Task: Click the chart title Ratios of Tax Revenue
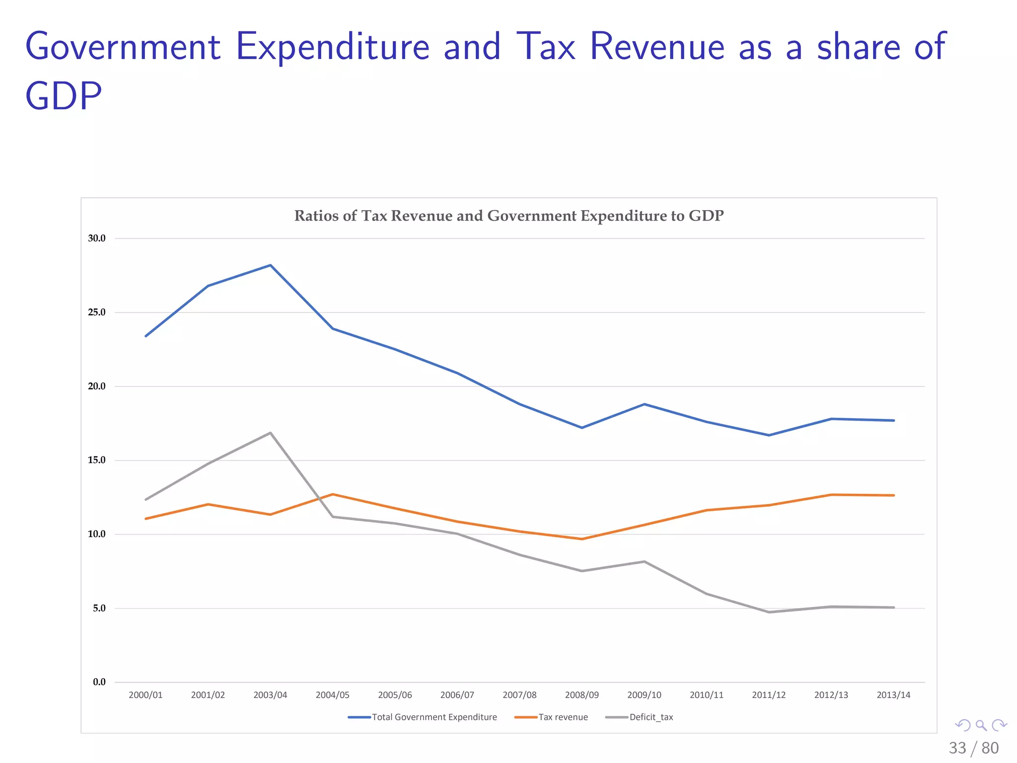(x=508, y=216)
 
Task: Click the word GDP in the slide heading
(x=64, y=95)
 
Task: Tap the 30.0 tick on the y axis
(x=97, y=238)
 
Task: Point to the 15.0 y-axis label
(x=97, y=460)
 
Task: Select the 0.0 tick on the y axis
(x=99, y=682)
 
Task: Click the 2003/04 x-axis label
(x=270, y=695)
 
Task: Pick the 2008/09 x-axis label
(x=582, y=695)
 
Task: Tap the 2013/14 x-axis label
(x=893, y=695)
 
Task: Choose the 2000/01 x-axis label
(x=145, y=695)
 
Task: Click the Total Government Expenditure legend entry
(x=434, y=717)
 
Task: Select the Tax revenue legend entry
(x=563, y=717)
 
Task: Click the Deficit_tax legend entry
(x=651, y=717)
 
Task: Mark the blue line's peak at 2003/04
(x=270, y=265)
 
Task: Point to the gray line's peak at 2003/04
(x=270, y=433)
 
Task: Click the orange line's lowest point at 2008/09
(x=582, y=539)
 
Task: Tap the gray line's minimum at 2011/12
(x=769, y=612)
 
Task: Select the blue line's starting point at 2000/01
(x=145, y=336)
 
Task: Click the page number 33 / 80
(x=973, y=748)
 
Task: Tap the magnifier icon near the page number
(x=981, y=725)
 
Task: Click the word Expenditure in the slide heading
(x=333, y=47)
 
